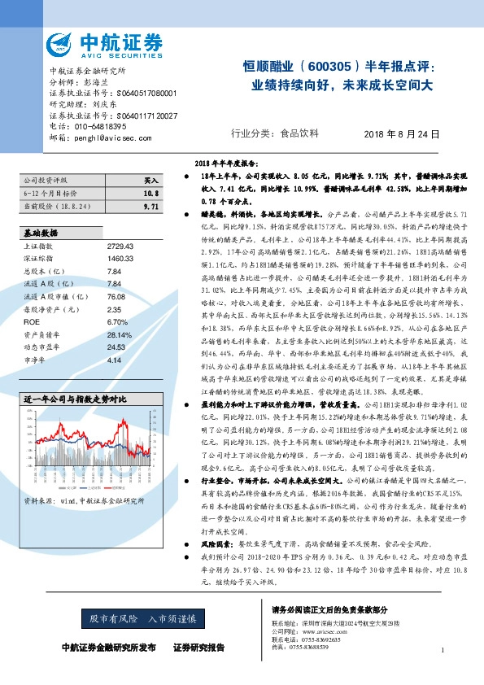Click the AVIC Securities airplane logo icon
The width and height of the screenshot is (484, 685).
62,44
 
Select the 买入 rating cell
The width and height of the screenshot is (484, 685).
150,180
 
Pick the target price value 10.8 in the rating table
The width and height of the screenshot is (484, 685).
150,194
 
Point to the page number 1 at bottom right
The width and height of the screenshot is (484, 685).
442,650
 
